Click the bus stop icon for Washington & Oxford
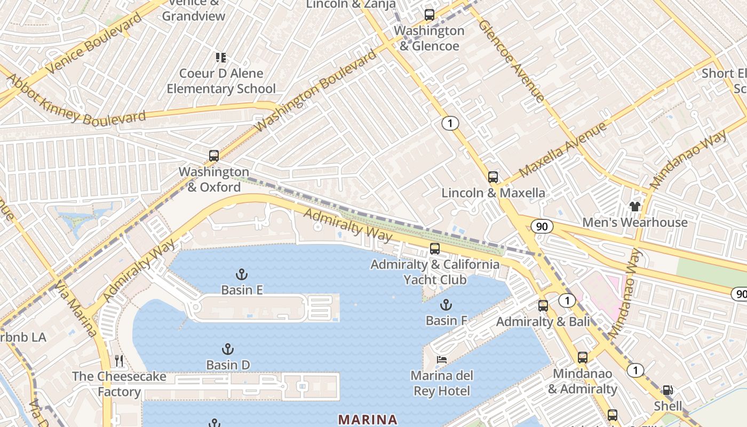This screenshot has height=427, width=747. point(214,156)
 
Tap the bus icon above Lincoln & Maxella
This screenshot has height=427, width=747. point(493,177)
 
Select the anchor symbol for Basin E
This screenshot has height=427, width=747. point(242,274)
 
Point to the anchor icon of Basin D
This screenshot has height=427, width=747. point(228,350)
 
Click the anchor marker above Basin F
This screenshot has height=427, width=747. point(446,305)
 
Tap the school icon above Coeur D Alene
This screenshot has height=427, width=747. point(220,58)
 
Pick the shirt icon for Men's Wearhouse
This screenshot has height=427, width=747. point(634,206)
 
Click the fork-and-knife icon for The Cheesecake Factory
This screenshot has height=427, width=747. point(119,361)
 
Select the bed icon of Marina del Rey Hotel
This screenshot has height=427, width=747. point(442,360)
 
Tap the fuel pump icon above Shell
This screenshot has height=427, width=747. point(667,391)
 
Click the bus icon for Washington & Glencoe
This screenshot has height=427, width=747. point(430,15)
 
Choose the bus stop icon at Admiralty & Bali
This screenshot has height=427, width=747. point(543,306)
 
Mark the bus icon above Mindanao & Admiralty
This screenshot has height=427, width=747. point(583,358)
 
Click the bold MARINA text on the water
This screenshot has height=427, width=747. point(368,420)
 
